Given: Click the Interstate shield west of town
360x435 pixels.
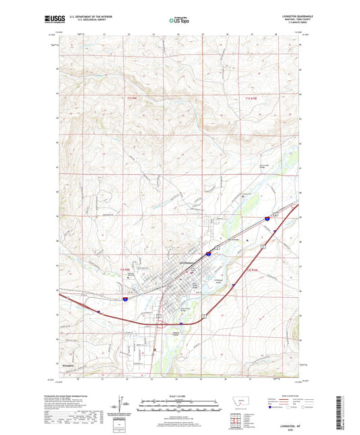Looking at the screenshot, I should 126,297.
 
